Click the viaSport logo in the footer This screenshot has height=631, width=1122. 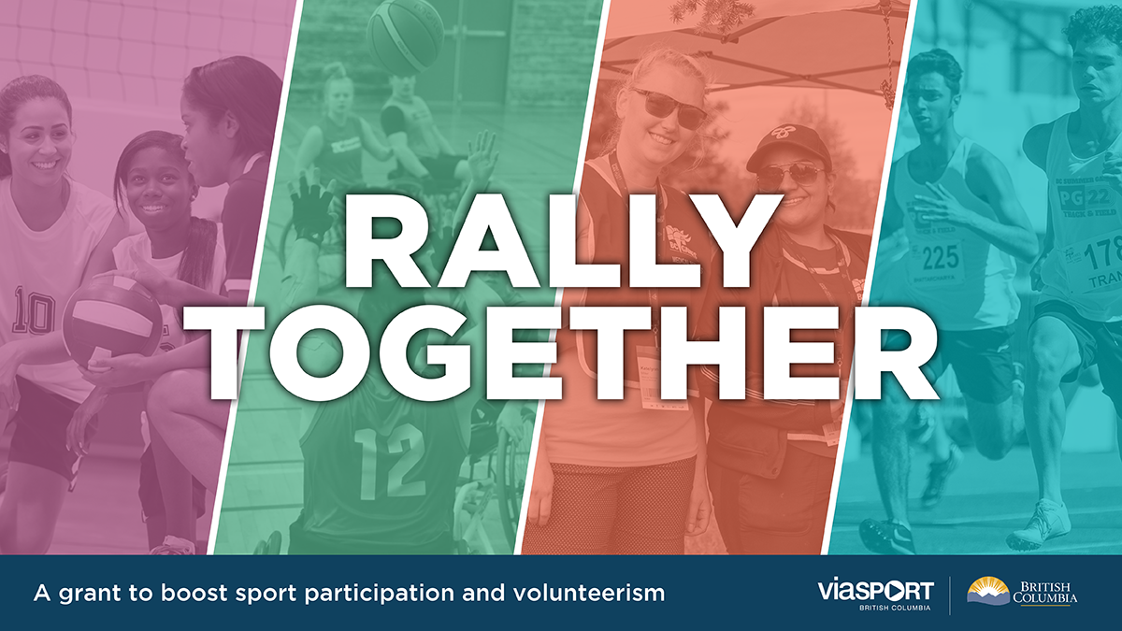coord(874,593)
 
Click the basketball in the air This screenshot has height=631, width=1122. coord(405,35)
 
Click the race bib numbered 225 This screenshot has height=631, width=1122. coord(942,258)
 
